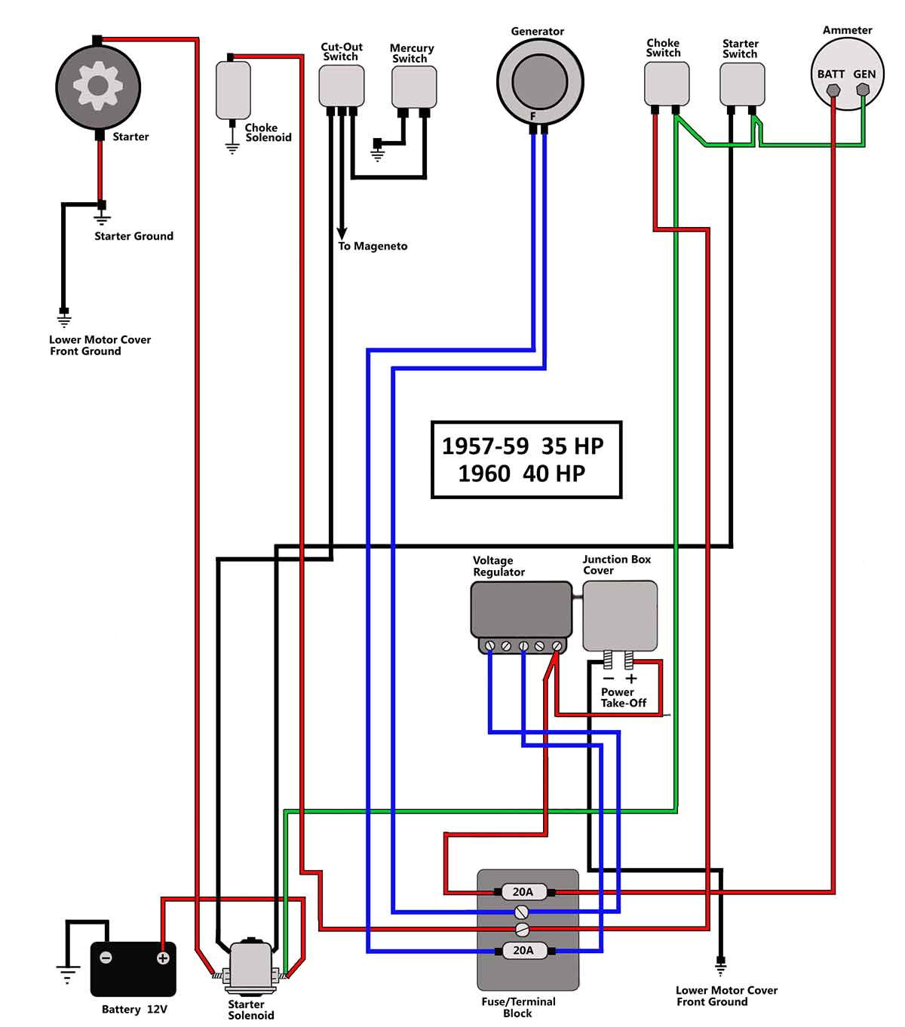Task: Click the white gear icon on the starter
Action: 98,85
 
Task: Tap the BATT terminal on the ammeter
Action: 833,90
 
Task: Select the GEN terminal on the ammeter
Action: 863,90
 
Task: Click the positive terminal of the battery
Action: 162,958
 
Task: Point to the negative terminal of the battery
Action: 106,958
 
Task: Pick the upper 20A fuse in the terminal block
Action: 523,892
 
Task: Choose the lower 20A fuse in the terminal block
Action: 523,950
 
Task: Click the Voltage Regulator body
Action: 520,609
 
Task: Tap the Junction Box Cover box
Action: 619,615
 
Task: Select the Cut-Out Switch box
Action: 342,85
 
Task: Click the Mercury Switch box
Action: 414,87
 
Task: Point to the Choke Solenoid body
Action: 233,90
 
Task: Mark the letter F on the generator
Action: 532,117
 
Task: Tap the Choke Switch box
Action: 666,83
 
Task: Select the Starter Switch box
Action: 742,84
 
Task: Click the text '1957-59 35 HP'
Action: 523,446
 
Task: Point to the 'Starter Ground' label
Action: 133,236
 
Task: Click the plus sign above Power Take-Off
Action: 631,679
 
